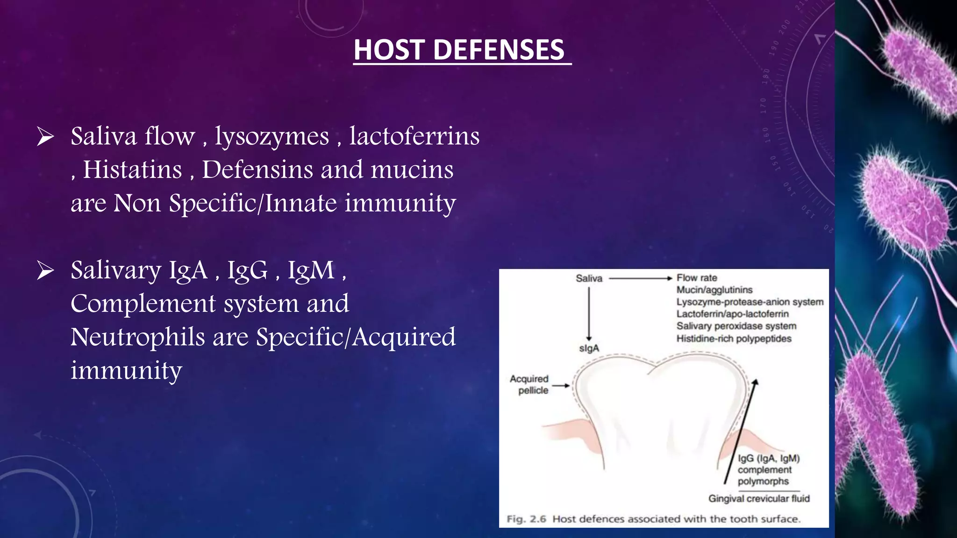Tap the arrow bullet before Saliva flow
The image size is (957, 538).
click(x=45, y=137)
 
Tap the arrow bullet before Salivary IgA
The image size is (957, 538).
click(x=45, y=271)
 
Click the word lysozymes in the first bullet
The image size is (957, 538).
click(x=272, y=137)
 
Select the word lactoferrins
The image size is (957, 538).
click(x=414, y=136)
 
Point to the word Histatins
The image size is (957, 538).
click(x=132, y=170)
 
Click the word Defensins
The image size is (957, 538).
click(x=257, y=170)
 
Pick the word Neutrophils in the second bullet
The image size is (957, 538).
click(x=137, y=337)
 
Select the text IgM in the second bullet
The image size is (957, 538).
click(x=311, y=270)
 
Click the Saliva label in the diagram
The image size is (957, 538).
click(x=589, y=279)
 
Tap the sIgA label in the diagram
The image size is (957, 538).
click(x=589, y=348)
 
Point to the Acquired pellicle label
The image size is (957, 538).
click(x=529, y=384)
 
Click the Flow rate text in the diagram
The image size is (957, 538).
click(x=697, y=278)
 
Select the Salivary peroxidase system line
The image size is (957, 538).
click(x=736, y=326)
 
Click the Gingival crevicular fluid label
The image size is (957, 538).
click(x=759, y=499)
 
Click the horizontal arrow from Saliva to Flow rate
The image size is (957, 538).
click(x=640, y=278)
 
